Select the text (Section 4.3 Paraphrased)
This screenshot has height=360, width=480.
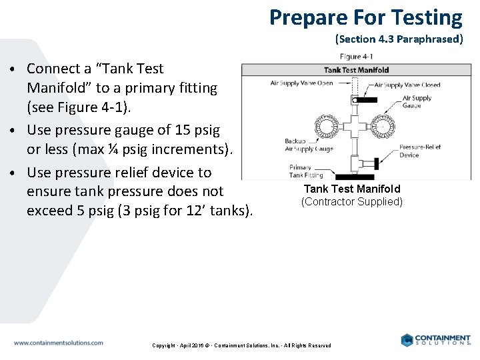[399, 39]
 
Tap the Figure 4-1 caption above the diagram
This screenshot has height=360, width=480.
[357, 57]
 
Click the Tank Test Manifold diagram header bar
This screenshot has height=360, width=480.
[356, 69]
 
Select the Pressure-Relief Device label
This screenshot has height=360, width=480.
[418, 151]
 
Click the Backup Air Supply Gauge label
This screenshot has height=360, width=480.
[309, 145]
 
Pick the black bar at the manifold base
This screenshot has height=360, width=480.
[354, 177]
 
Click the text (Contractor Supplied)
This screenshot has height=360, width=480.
[352, 201]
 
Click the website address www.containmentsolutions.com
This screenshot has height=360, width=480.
[59, 343]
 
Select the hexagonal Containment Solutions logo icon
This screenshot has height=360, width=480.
[407, 340]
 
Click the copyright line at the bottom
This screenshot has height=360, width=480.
[241, 345]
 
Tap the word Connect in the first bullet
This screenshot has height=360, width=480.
[53, 68]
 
